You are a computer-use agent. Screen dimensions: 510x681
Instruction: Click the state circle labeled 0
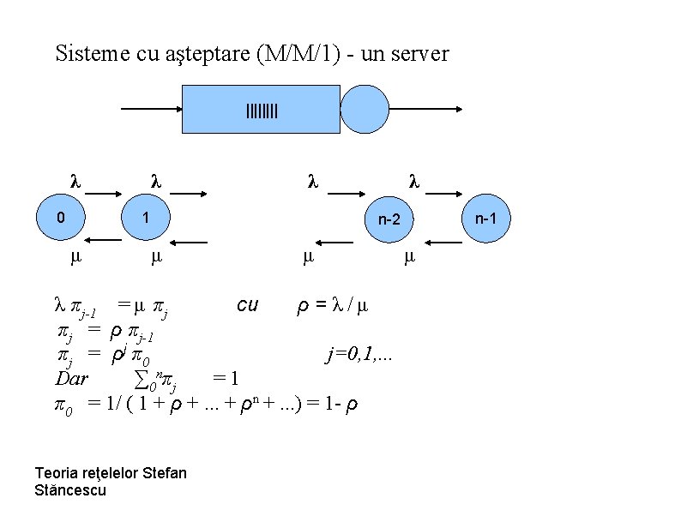[x=59, y=219]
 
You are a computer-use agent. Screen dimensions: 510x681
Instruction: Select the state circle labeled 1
[x=147, y=219]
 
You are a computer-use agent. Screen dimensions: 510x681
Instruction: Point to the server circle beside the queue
[x=365, y=110]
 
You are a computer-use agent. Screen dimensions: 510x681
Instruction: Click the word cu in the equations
[x=247, y=304]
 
